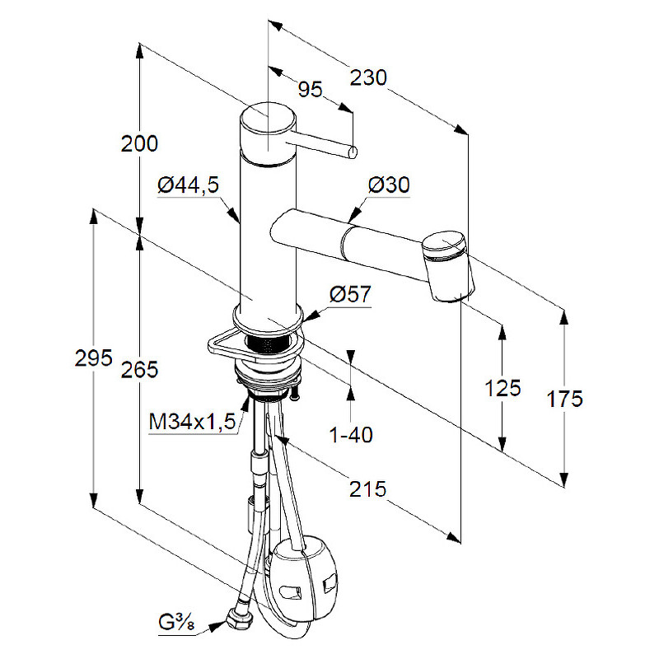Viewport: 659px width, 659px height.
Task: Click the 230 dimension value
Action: coord(368,78)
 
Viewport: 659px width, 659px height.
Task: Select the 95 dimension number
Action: coord(311,90)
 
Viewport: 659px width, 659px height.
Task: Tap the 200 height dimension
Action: coord(139,143)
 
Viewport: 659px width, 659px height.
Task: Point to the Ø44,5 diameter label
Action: coord(189,185)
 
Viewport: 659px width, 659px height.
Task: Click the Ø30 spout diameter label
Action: coord(389,185)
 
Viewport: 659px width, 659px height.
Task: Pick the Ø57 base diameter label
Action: coord(350,294)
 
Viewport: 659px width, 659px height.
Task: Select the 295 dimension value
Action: coord(94,358)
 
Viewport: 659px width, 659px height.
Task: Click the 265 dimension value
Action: coord(139,370)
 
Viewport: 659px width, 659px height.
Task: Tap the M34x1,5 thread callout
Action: coord(193,421)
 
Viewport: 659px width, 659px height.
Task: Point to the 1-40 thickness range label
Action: coord(352,435)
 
